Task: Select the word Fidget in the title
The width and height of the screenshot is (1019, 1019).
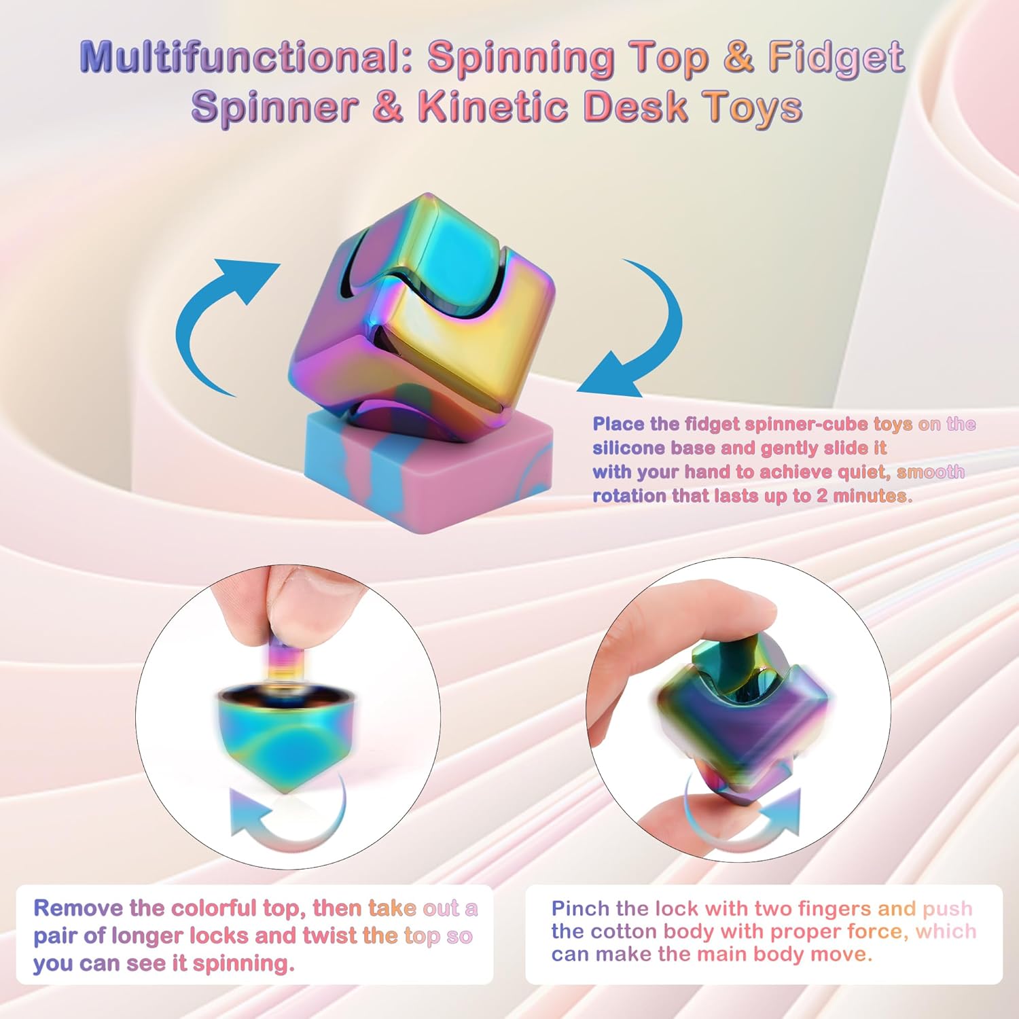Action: click(836, 56)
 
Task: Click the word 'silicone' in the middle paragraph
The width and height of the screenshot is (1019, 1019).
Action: click(630, 448)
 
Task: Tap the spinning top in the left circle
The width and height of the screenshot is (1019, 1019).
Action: click(285, 734)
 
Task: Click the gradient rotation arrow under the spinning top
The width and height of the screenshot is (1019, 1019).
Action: click(285, 822)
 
